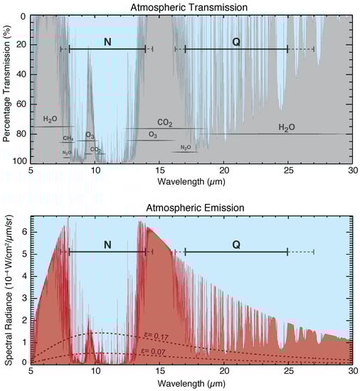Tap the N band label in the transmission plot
pyautogui.click(x=107, y=43)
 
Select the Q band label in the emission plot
pyautogui.click(x=236, y=245)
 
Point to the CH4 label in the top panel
pyautogui.click(x=68, y=138)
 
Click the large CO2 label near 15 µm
pyautogui.click(x=164, y=123)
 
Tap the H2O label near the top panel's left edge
pyautogui.click(x=51, y=119)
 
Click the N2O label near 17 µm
pyautogui.click(x=185, y=147)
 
